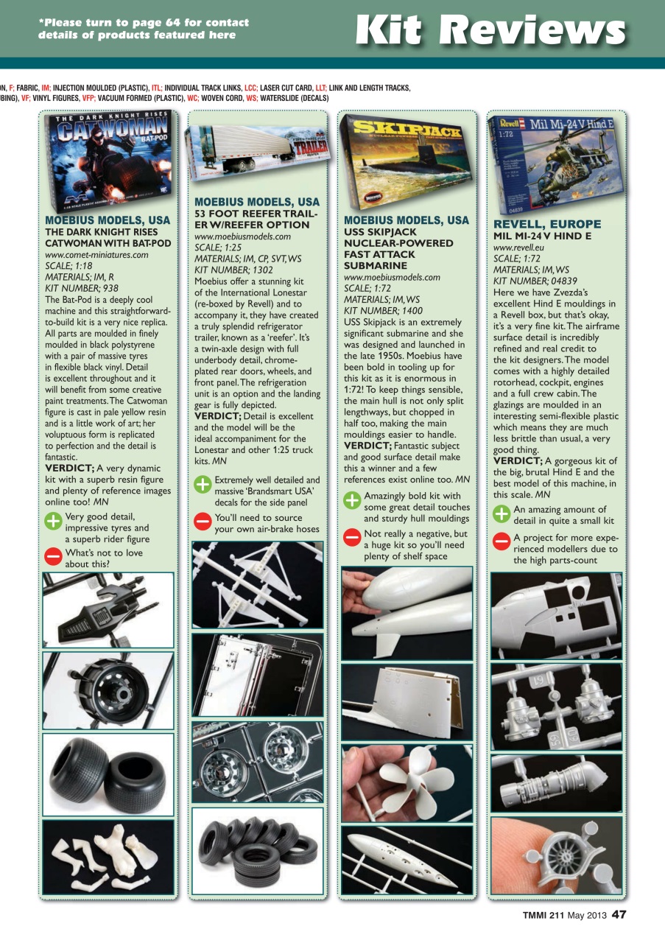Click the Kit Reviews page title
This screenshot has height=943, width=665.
[490, 30]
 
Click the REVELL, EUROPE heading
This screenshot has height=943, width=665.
[547, 224]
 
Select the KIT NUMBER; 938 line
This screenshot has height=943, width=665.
[82, 288]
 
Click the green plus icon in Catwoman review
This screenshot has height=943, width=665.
[53, 522]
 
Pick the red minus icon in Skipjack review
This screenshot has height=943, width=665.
[352, 538]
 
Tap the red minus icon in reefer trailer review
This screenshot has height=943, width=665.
[203, 522]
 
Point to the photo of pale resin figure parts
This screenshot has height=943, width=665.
[108, 856]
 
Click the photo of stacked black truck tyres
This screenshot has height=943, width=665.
[257, 850]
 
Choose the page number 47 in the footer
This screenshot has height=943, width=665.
[619, 915]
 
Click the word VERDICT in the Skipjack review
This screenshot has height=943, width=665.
[366, 446]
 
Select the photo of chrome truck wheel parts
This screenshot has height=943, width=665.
[257, 761]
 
